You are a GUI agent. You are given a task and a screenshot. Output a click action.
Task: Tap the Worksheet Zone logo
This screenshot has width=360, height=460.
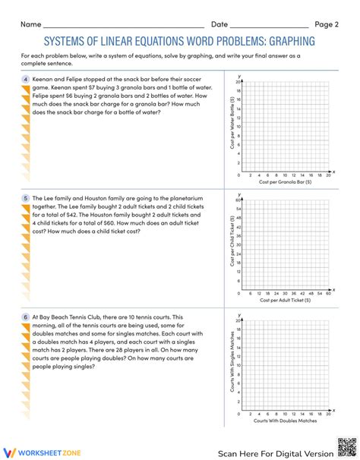[37, 451]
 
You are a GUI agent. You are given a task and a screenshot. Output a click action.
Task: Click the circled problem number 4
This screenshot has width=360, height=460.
[26, 79]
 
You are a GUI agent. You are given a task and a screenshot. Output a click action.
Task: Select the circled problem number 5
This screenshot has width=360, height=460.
[26, 197]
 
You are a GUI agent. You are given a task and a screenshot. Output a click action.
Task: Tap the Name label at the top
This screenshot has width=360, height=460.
[31, 24]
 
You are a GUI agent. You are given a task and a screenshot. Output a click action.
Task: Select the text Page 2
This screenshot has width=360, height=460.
[327, 24]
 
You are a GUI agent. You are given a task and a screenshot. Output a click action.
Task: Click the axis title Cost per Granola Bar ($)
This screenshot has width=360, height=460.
[286, 181]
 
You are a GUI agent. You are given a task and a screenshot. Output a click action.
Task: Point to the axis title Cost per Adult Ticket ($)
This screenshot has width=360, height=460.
[286, 279]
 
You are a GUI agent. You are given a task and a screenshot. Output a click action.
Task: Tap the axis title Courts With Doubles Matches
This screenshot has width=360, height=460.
[286, 419]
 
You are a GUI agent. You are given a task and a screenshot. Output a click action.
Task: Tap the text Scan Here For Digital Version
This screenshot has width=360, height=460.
[276, 452]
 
